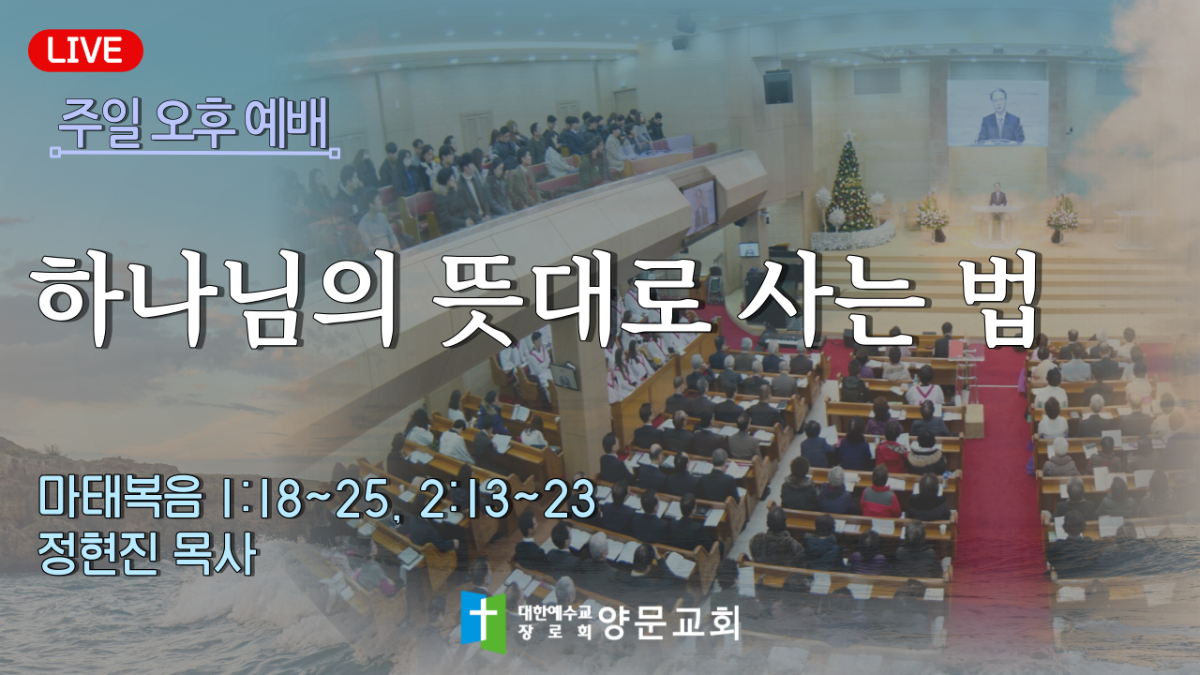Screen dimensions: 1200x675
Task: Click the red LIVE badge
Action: click(x=85, y=51)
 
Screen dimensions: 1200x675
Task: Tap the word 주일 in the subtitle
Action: click(x=100, y=125)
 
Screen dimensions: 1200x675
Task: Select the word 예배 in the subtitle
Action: click(x=286, y=124)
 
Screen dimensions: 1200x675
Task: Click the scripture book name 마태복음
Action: click(x=121, y=498)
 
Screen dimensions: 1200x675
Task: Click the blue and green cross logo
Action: click(x=483, y=622)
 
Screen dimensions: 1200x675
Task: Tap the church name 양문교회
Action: click(x=669, y=622)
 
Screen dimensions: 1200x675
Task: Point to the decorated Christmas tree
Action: click(x=849, y=185)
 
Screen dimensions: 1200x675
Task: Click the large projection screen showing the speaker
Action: click(x=997, y=113)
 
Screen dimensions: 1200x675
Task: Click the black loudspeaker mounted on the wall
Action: click(x=778, y=87)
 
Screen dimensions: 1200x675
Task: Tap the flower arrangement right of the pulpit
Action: click(x=1062, y=217)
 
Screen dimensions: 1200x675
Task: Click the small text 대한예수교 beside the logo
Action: click(x=555, y=612)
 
